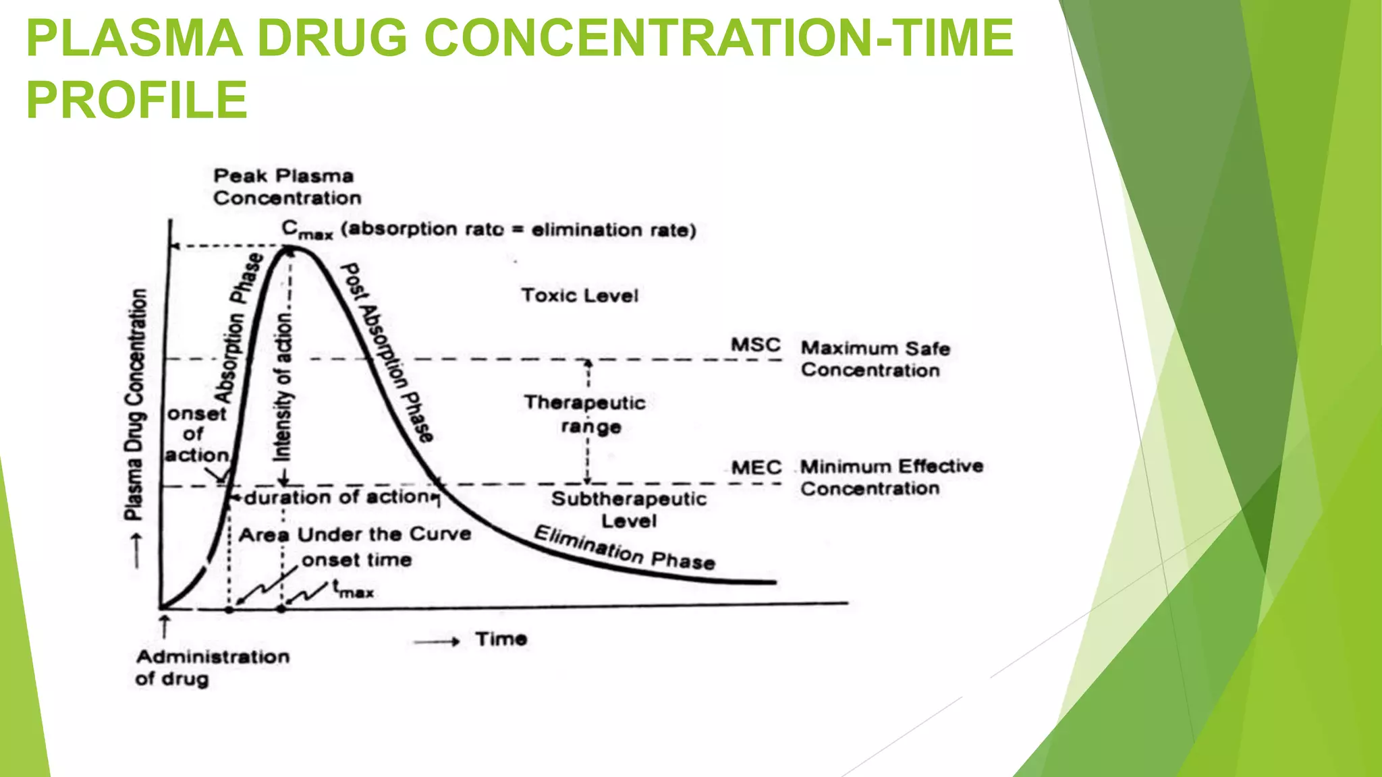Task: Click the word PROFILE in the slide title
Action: pyautogui.click(x=137, y=100)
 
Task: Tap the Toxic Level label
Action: pyautogui.click(x=579, y=295)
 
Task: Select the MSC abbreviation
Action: pyautogui.click(x=755, y=345)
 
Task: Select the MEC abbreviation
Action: pyautogui.click(x=756, y=467)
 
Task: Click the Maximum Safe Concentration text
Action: pyautogui.click(x=874, y=359)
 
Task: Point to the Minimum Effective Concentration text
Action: pyautogui.click(x=891, y=477)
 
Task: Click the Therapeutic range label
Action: pyautogui.click(x=585, y=414)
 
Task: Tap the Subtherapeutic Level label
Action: pyautogui.click(x=629, y=509)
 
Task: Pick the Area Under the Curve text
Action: pyautogui.click(x=355, y=535)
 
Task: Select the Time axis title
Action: pyautogui.click(x=501, y=639)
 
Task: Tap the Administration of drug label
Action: pyautogui.click(x=213, y=667)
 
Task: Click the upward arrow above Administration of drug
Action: pyautogui.click(x=164, y=625)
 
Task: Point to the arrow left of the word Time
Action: pyautogui.click(x=437, y=642)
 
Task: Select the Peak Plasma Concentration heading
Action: pyautogui.click(x=287, y=187)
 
